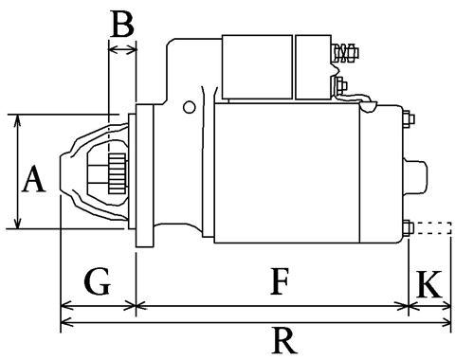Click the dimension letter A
[x=34, y=180]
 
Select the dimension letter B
[x=123, y=24]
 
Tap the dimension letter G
[x=98, y=281]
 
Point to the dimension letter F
[x=280, y=281]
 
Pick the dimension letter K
[x=429, y=284]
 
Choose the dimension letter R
[x=284, y=341]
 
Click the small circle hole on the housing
[x=190, y=107]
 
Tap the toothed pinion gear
[x=118, y=173]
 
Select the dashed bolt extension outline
[x=432, y=228]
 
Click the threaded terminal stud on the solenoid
[x=346, y=53]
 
